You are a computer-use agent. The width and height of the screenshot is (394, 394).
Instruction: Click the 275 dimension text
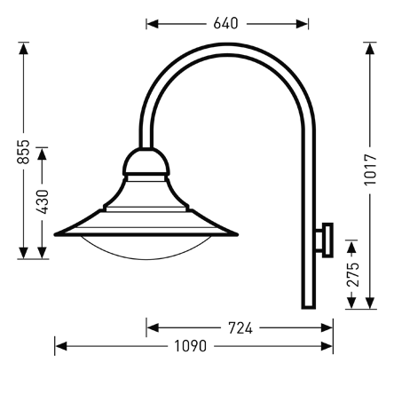(x=353, y=272)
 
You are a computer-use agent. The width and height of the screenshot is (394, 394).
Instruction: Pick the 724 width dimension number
(x=240, y=328)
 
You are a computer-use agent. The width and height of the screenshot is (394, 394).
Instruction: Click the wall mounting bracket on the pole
(x=327, y=238)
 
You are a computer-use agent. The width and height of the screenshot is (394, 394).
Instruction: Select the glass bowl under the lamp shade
(x=145, y=248)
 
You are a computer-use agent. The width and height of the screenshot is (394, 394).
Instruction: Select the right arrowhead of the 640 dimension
(x=304, y=23)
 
